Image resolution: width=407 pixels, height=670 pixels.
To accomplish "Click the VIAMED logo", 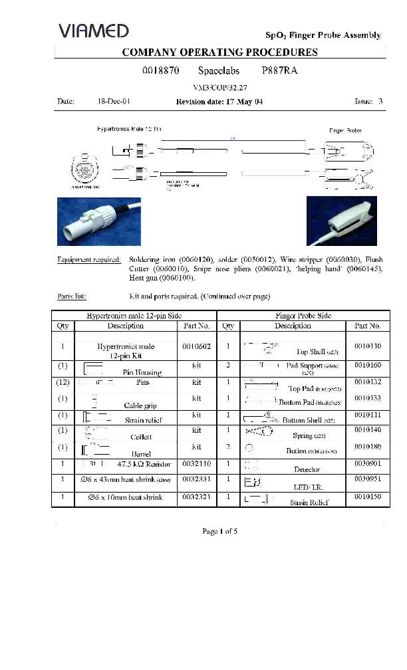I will pos(93,31).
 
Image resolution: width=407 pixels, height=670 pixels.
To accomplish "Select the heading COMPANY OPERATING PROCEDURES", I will pos(220,52).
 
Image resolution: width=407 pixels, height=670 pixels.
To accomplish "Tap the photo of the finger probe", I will pos(341,220).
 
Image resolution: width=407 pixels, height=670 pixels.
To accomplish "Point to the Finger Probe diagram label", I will pos(345,131).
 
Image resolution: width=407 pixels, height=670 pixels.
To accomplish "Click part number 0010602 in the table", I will pos(196,346).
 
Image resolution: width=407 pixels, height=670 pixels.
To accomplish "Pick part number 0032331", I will pos(196,480).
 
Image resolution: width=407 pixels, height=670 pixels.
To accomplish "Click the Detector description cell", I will pos(306,469).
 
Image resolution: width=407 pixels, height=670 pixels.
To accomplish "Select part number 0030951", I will pos(367,480).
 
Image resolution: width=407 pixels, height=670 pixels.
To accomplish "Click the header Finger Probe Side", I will pos(303,316).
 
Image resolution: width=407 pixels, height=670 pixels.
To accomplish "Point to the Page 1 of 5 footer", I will pos(219,531).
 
